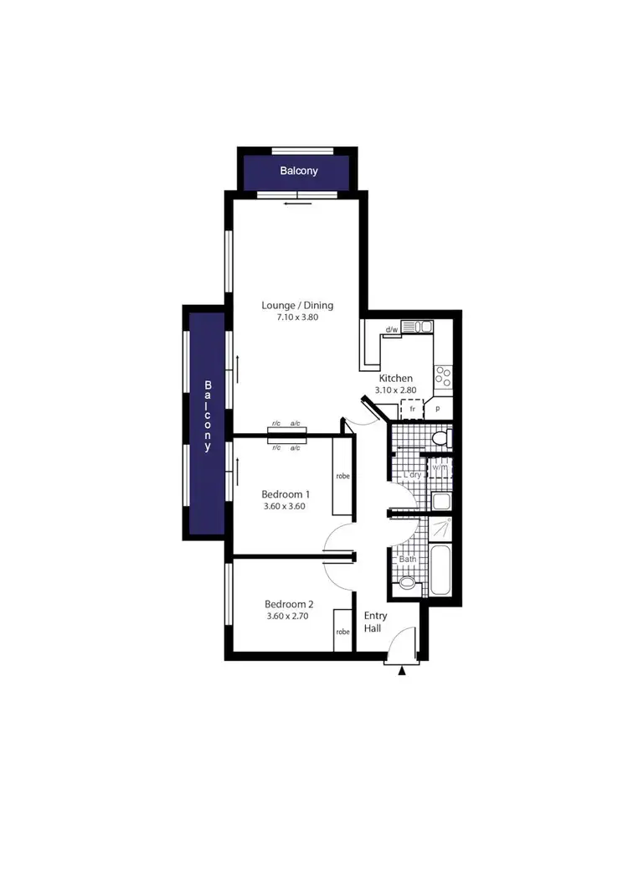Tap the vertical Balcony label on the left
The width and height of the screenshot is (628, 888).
pyautogui.click(x=208, y=416)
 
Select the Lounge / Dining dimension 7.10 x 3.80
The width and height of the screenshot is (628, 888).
pyautogui.click(x=291, y=318)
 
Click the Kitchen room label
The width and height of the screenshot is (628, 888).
pyautogui.click(x=396, y=378)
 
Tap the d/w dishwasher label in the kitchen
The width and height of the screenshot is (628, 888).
pyautogui.click(x=391, y=330)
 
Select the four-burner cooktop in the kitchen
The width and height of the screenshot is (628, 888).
pyautogui.click(x=443, y=377)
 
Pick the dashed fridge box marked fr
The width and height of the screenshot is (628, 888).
pyautogui.click(x=412, y=409)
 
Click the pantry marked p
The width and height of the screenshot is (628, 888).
pyautogui.click(x=439, y=409)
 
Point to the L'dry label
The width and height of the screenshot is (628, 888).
pyautogui.click(x=412, y=475)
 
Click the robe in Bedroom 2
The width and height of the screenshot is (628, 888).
pyautogui.click(x=342, y=631)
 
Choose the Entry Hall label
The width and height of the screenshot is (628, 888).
pyautogui.click(x=375, y=622)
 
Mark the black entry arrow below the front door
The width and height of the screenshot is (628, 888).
pyautogui.click(x=403, y=670)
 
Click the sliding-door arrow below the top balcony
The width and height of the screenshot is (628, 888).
pyautogui.click(x=291, y=203)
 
